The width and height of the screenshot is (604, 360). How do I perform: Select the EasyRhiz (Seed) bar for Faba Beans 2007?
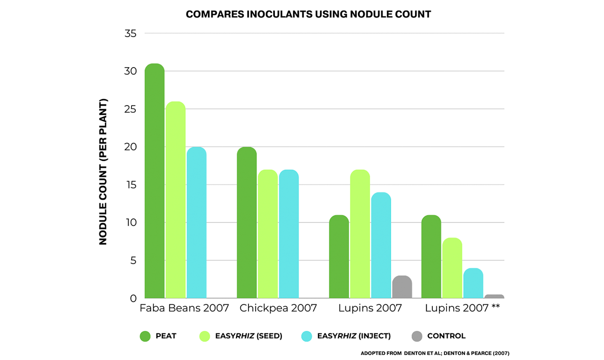(x=176, y=200)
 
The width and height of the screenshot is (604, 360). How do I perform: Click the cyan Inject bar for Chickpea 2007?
(x=289, y=234)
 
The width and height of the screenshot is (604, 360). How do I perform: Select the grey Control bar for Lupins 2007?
(x=402, y=287)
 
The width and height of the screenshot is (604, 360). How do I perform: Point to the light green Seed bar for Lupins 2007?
(x=360, y=234)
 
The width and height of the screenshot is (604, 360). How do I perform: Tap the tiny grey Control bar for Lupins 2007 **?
(x=494, y=296)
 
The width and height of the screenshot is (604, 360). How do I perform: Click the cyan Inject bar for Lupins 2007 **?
(x=473, y=283)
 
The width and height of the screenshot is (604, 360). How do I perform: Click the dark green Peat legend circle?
(x=145, y=336)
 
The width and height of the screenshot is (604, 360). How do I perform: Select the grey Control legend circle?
(x=417, y=336)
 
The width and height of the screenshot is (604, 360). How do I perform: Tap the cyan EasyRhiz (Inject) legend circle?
(x=307, y=336)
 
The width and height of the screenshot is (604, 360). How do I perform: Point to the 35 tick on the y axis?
(x=130, y=34)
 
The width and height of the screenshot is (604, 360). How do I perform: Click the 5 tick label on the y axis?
(x=133, y=261)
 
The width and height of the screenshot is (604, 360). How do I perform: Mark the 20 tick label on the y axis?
(x=130, y=147)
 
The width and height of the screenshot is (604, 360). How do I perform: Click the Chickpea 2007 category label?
(x=278, y=308)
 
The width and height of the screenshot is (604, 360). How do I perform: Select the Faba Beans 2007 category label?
(x=184, y=308)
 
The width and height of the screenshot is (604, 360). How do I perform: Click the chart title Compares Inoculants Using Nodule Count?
(x=308, y=14)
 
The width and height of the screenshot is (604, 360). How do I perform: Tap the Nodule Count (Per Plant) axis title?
(x=103, y=172)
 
